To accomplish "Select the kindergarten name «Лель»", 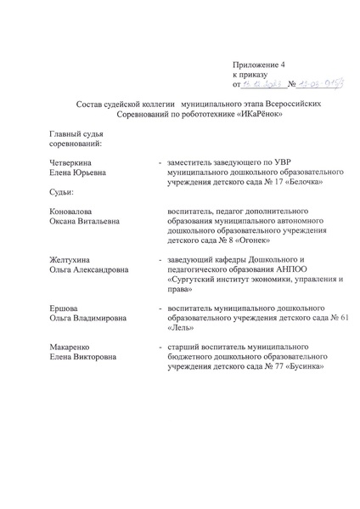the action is pos(182,327).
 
